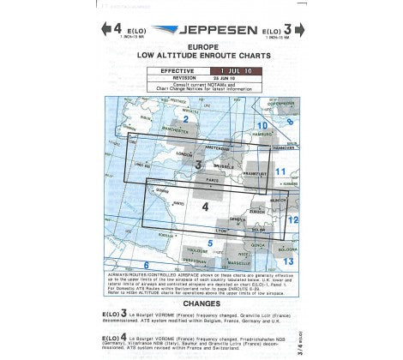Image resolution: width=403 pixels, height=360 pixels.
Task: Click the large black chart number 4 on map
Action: click(205, 207)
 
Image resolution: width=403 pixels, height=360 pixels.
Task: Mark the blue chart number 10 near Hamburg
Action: click(263, 127)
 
